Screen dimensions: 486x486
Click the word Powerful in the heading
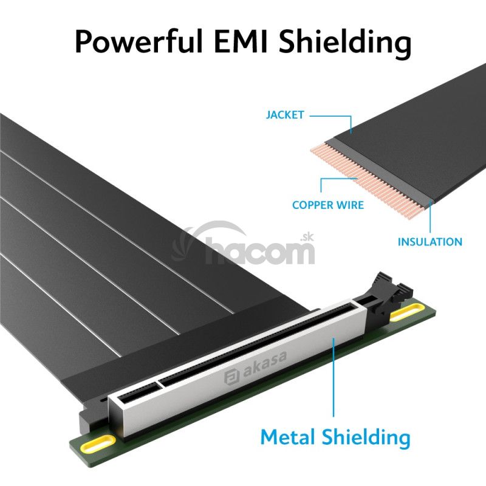click(x=139, y=42)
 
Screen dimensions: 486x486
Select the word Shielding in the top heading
click(x=345, y=43)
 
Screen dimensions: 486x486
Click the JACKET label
click(x=285, y=115)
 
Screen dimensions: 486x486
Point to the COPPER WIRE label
click(x=328, y=205)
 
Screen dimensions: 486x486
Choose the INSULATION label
click(x=430, y=242)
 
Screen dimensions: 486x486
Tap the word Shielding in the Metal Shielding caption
click(x=366, y=438)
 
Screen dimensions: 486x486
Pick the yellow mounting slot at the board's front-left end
click(x=98, y=444)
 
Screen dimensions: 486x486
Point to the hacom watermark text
click(x=260, y=250)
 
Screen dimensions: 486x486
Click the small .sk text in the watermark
click(x=307, y=237)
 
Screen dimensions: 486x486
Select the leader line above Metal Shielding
click(x=334, y=377)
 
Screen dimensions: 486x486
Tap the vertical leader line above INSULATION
click(x=430, y=217)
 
